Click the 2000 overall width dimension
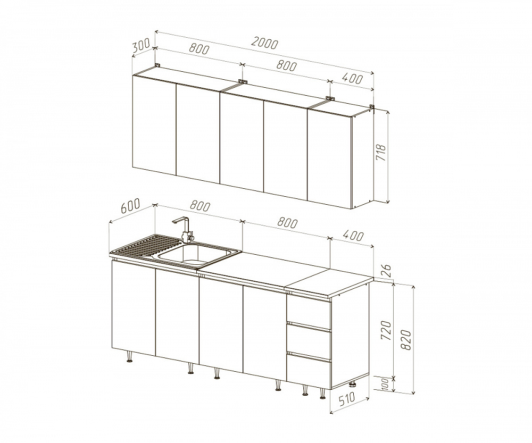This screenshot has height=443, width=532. click(264, 43)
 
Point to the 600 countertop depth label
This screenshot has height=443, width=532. click(130, 206)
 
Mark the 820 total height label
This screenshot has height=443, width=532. click(406, 340)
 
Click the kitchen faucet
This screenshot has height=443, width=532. click(185, 229)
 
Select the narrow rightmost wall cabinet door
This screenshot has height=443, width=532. click(330, 158)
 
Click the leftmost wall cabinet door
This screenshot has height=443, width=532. click(154, 126)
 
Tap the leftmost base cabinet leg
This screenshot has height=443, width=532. click(130, 356)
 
